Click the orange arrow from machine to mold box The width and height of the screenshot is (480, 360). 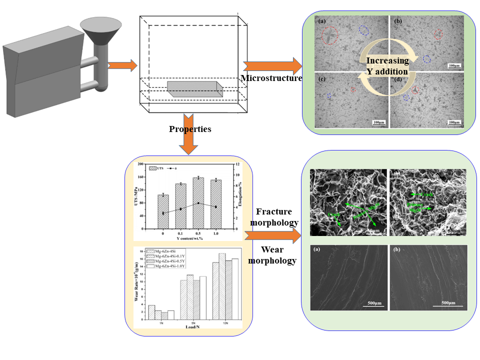tap(122, 65)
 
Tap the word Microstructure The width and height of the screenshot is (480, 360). tap(271, 78)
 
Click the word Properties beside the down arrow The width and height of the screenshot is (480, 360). tap(190, 129)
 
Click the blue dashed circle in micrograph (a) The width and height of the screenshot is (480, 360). tap(364, 30)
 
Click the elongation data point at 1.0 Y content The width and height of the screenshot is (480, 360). tap(215, 207)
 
